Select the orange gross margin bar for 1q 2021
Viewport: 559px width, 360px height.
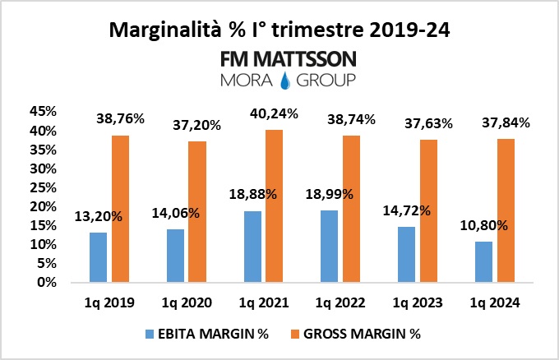tap(275, 205)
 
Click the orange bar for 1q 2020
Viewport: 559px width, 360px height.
tap(197, 211)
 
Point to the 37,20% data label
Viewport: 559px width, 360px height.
tap(199, 125)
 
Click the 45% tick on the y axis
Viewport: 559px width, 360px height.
tap(42, 112)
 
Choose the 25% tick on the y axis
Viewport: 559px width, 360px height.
tap(42, 187)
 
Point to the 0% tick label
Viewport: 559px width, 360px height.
tap(45, 282)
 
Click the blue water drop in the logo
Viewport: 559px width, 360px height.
tap(286, 81)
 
